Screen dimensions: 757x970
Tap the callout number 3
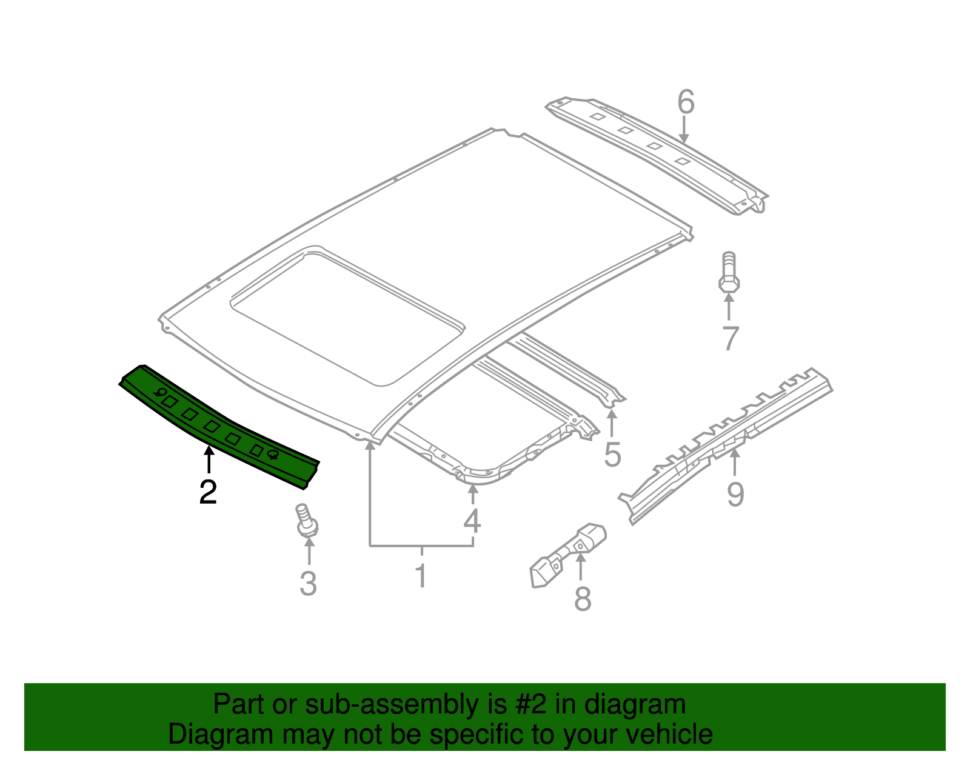tap(309, 583)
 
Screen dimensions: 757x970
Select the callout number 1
tap(421, 575)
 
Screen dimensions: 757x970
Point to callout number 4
tap(472, 521)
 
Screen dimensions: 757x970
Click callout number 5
tap(612, 455)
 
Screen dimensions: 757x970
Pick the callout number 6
tap(685, 102)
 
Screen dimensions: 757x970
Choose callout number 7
tap(731, 338)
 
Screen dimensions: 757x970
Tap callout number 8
tap(582, 599)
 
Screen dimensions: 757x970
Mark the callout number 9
tap(735, 494)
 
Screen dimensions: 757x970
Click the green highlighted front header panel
tap(218, 424)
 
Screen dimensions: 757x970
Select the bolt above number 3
tap(307, 521)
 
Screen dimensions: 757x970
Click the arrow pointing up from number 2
tap(208, 459)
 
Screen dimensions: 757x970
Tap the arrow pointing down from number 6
tap(684, 130)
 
